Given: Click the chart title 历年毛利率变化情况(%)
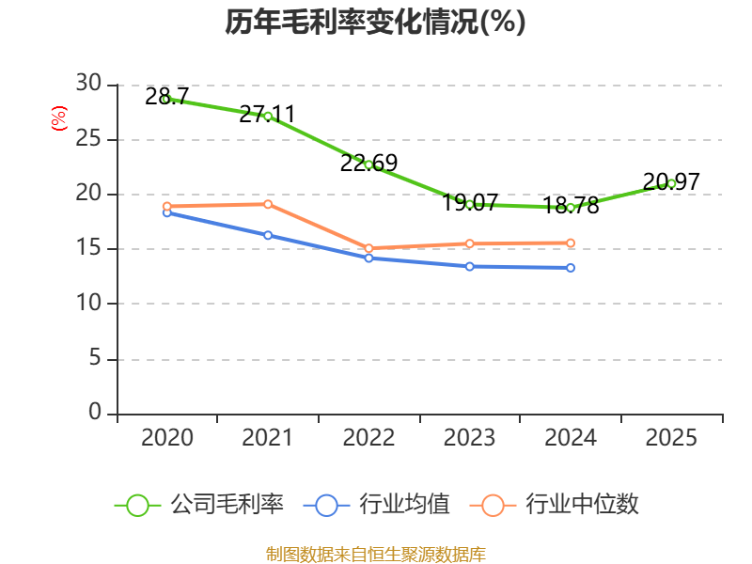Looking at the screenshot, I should tap(375, 22).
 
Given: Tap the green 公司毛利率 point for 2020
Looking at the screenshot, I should tap(166, 99).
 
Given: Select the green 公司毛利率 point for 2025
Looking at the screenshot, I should tap(671, 183).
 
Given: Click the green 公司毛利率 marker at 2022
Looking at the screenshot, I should tap(368, 164).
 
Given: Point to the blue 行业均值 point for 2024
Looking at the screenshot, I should tap(571, 268).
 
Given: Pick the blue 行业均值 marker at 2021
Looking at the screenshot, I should tap(268, 235).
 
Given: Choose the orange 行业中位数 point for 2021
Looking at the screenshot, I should tap(268, 204).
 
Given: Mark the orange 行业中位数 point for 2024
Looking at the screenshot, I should tap(571, 243).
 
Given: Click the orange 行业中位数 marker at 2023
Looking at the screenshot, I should tap(469, 243).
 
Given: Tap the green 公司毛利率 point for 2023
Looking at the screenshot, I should tap(469, 204).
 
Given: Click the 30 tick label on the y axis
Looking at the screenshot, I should tap(88, 85).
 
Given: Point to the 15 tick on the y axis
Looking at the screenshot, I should tap(88, 249).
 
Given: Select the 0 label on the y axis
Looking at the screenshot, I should tap(95, 413).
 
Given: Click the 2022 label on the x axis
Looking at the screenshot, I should tap(368, 438).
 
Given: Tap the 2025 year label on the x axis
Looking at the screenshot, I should tap(671, 438).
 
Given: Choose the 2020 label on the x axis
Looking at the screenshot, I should tap(166, 438).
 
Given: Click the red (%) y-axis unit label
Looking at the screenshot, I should tap(59, 118).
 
